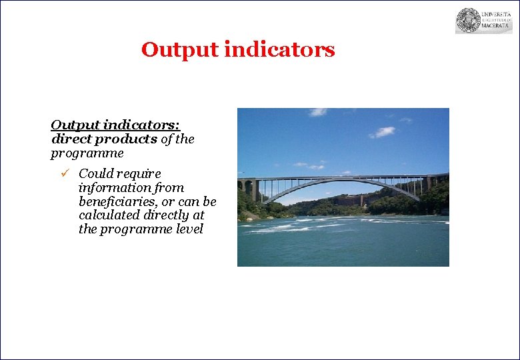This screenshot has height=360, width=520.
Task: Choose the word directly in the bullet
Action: pos(182,215)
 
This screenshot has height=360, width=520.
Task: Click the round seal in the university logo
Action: pos(469,21)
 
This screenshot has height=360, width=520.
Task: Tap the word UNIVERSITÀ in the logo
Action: pos(497,13)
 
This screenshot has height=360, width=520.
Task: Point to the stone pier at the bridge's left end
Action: pos(251,189)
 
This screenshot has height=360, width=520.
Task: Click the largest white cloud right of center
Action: pos(382,132)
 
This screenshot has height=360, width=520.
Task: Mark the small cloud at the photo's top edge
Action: pos(318,112)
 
